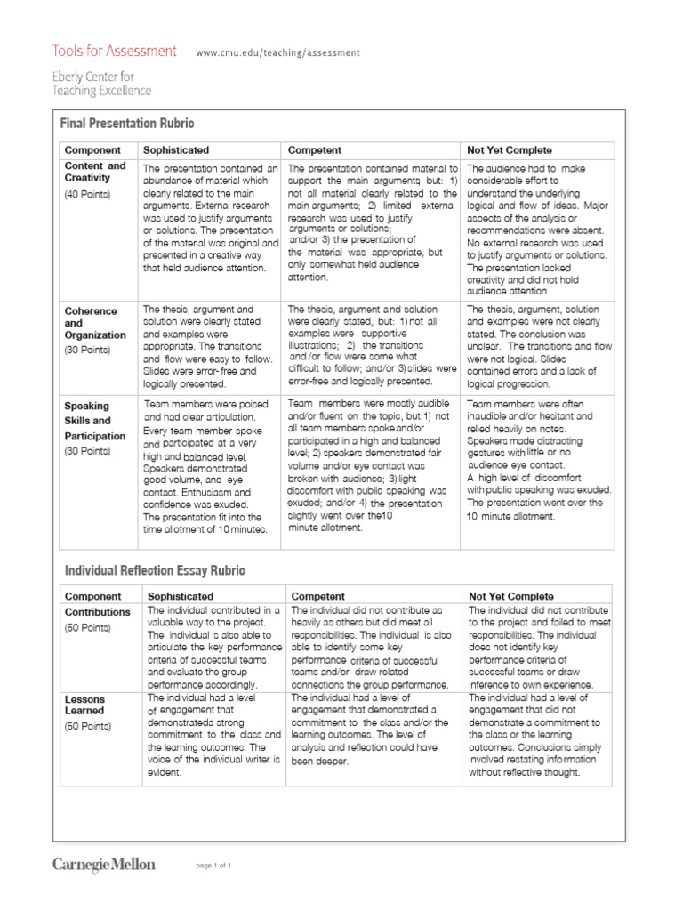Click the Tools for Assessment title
point(114,52)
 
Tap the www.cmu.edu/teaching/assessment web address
point(277,53)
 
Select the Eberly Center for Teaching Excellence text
point(101,84)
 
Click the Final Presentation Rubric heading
point(126,123)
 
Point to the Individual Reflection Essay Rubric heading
point(155,569)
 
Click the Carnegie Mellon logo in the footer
point(103,864)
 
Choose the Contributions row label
point(97,612)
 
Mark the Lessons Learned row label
point(84,705)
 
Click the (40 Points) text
point(88,194)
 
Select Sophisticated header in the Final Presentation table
point(176,150)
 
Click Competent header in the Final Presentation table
point(315,150)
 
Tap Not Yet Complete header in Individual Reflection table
point(510,596)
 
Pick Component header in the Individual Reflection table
point(93,596)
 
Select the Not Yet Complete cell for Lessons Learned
point(536,736)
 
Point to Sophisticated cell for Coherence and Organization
point(210,347)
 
